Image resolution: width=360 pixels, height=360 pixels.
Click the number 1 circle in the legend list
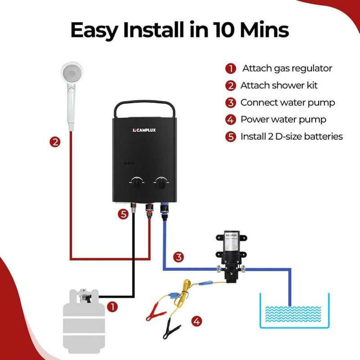coord(230,69)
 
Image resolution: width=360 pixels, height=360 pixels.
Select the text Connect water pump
coord(288,103)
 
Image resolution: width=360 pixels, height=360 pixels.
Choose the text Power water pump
coord(283,120)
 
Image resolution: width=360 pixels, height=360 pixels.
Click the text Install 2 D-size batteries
coord(292,136)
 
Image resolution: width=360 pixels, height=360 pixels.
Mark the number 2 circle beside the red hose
coord(55,142)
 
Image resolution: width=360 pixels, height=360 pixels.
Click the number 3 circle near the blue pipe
coord(179,257)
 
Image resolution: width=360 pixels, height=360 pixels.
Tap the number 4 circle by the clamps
coord(196,322)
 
